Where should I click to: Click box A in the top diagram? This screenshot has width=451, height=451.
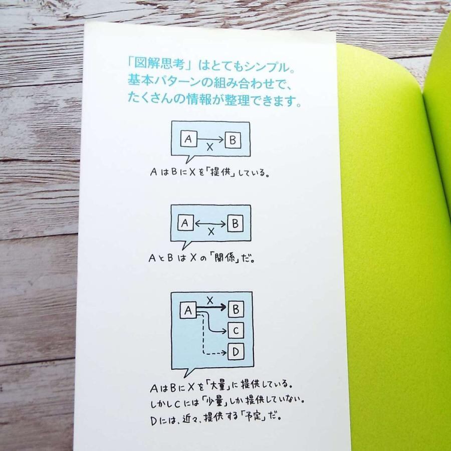(189, 139)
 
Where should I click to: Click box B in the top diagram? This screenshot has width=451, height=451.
(233, 140)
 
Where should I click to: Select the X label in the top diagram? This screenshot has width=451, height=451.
(210, 147)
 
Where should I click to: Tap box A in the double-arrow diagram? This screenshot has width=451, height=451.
(185, 223)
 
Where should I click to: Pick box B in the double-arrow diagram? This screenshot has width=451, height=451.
(235, 223)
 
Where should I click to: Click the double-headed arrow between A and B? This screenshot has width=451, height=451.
(210, 223)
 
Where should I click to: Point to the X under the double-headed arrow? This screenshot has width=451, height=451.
(211, 232)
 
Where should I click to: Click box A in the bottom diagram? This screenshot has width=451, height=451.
(188, 310)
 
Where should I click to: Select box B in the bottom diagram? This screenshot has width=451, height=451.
(236, 310)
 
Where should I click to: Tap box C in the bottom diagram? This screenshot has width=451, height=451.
(236, 331)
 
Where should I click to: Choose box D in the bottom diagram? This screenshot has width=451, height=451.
(236, 351)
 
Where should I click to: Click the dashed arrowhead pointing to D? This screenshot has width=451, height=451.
(224, 353)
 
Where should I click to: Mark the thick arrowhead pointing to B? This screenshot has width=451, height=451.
(223, 307)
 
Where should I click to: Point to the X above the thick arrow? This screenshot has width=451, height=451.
(210, 301)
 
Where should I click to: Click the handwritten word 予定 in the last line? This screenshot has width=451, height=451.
(254, 416)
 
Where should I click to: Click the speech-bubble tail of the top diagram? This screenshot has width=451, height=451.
(189, 159)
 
